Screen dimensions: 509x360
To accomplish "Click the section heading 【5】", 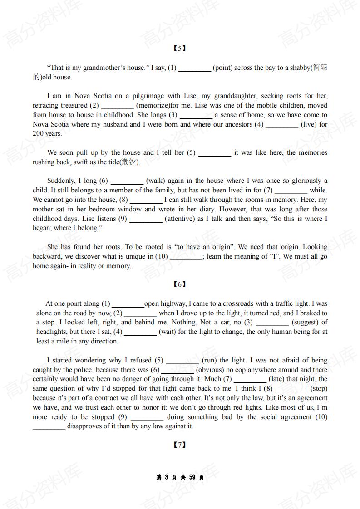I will [180, 49].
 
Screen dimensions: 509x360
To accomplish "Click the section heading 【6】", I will [180, 284].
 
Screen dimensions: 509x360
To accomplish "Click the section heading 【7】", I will [180, 445].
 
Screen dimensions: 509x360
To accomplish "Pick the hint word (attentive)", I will [181, 219].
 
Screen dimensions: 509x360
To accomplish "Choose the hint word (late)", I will [277, 379].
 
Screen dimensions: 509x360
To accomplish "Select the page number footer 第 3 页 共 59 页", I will [180, 477].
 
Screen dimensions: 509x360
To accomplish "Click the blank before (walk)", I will [127, 181].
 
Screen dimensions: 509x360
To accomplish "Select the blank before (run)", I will [182, 361].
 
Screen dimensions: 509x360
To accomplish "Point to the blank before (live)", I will [281, 125].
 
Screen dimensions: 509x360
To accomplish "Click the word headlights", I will [52, 332].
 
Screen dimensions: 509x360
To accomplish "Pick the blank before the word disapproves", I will [49, 427].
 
